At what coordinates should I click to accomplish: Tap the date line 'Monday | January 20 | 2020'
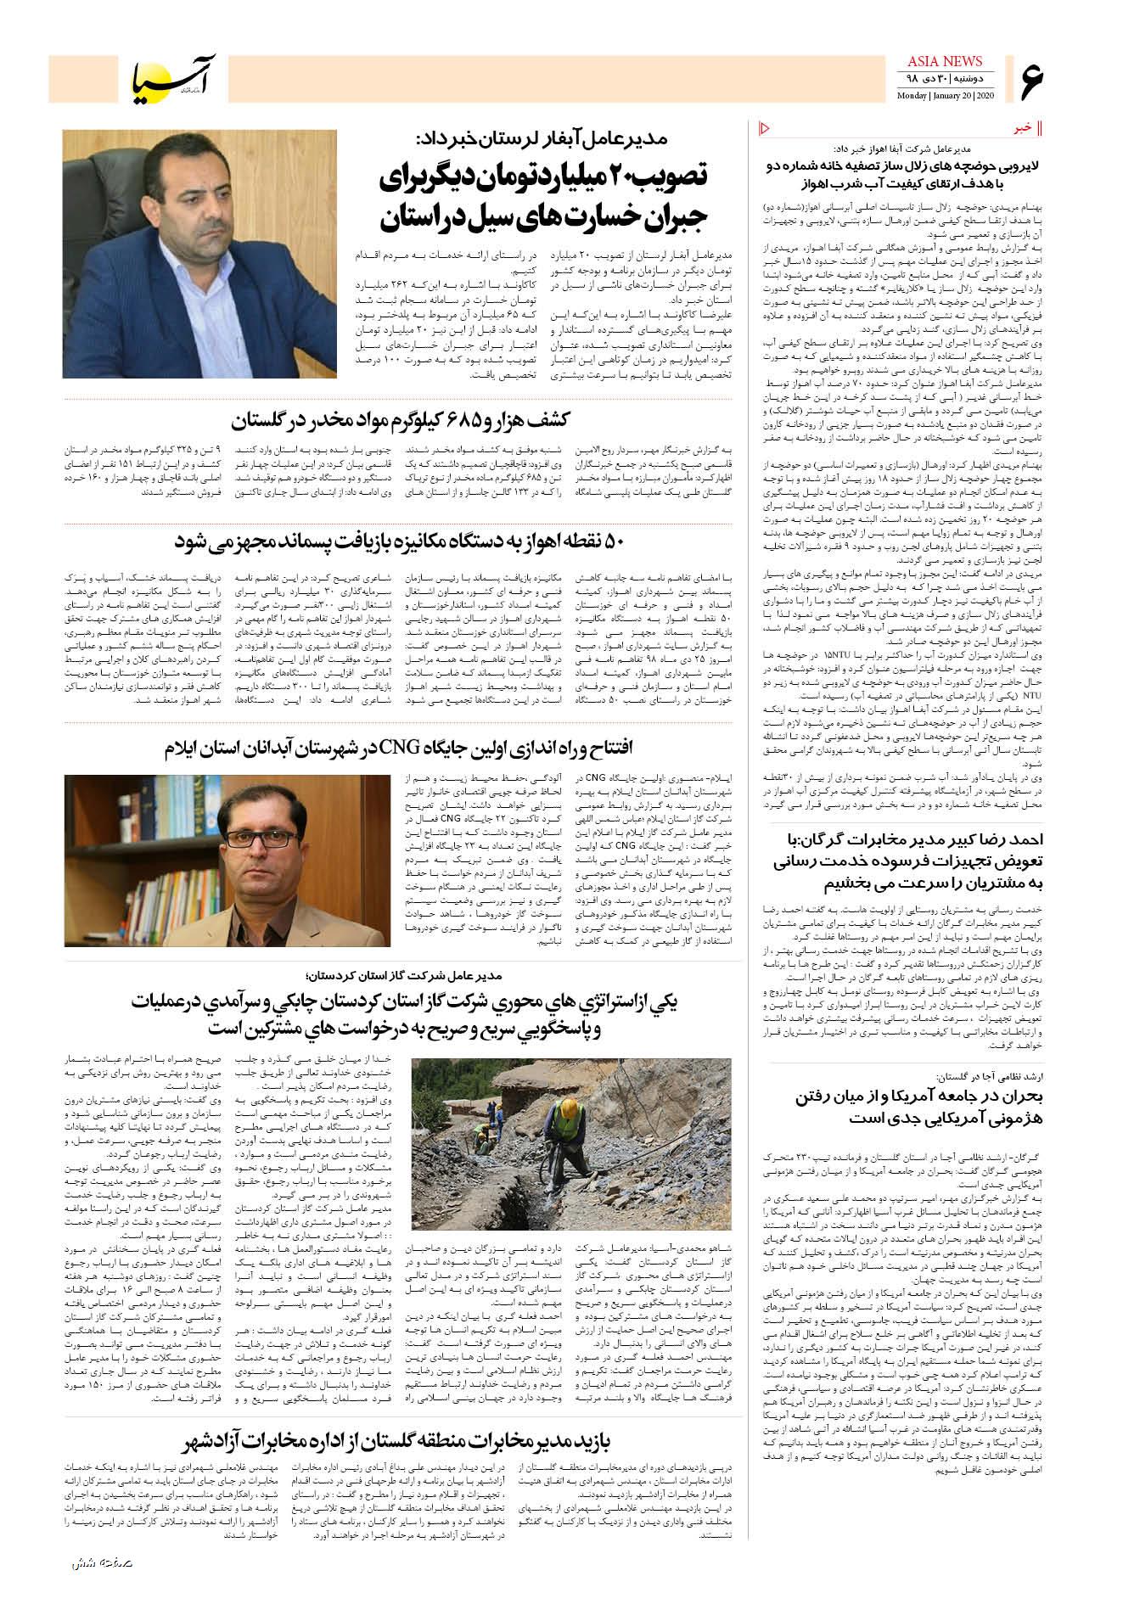coord(945,95)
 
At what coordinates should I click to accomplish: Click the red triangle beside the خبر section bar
coord(762,128)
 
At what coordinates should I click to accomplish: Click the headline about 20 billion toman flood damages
coord(543,197)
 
